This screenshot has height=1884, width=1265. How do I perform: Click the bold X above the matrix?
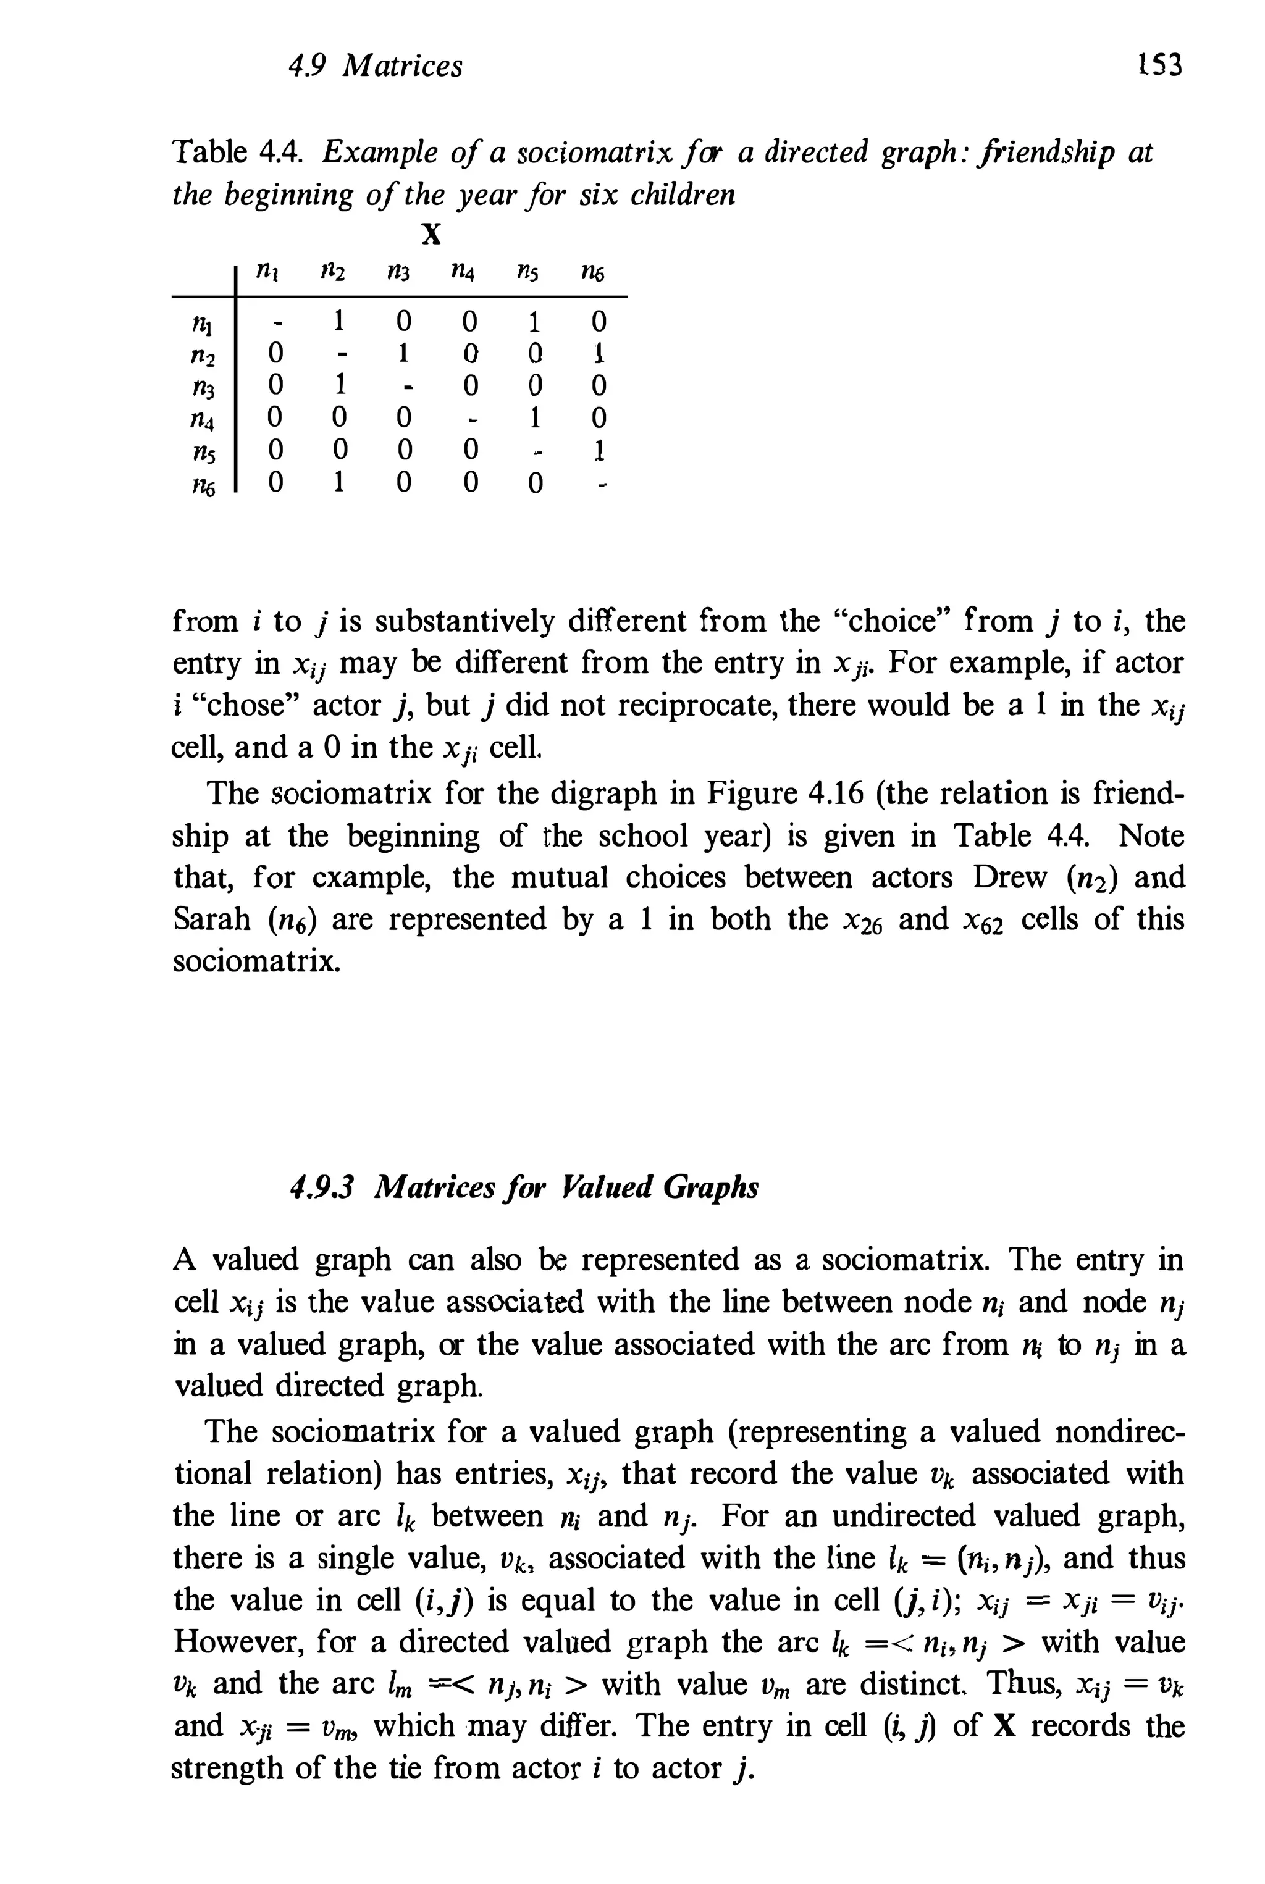[432, 235]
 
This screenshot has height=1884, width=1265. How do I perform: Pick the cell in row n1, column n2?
[340, 322]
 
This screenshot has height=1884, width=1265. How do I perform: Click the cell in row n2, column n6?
[598, 353]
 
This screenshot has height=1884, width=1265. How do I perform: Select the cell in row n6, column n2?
[340, 483]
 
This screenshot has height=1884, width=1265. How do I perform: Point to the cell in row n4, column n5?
[532, 418]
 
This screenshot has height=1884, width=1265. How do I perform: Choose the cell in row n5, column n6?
[598, 450]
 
